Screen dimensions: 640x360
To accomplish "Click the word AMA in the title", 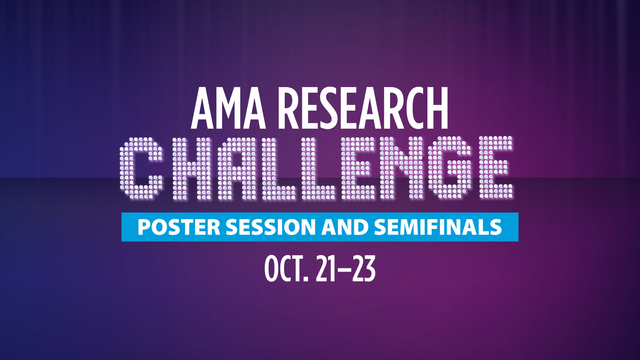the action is pos(228,108).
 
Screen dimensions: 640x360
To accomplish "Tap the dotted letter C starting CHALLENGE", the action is pos(141,168).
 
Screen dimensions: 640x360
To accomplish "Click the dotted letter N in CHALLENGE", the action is pos(404,168).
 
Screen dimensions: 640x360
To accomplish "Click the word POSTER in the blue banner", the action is pos(179,227).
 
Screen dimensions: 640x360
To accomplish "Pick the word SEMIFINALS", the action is pos(438,227).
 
